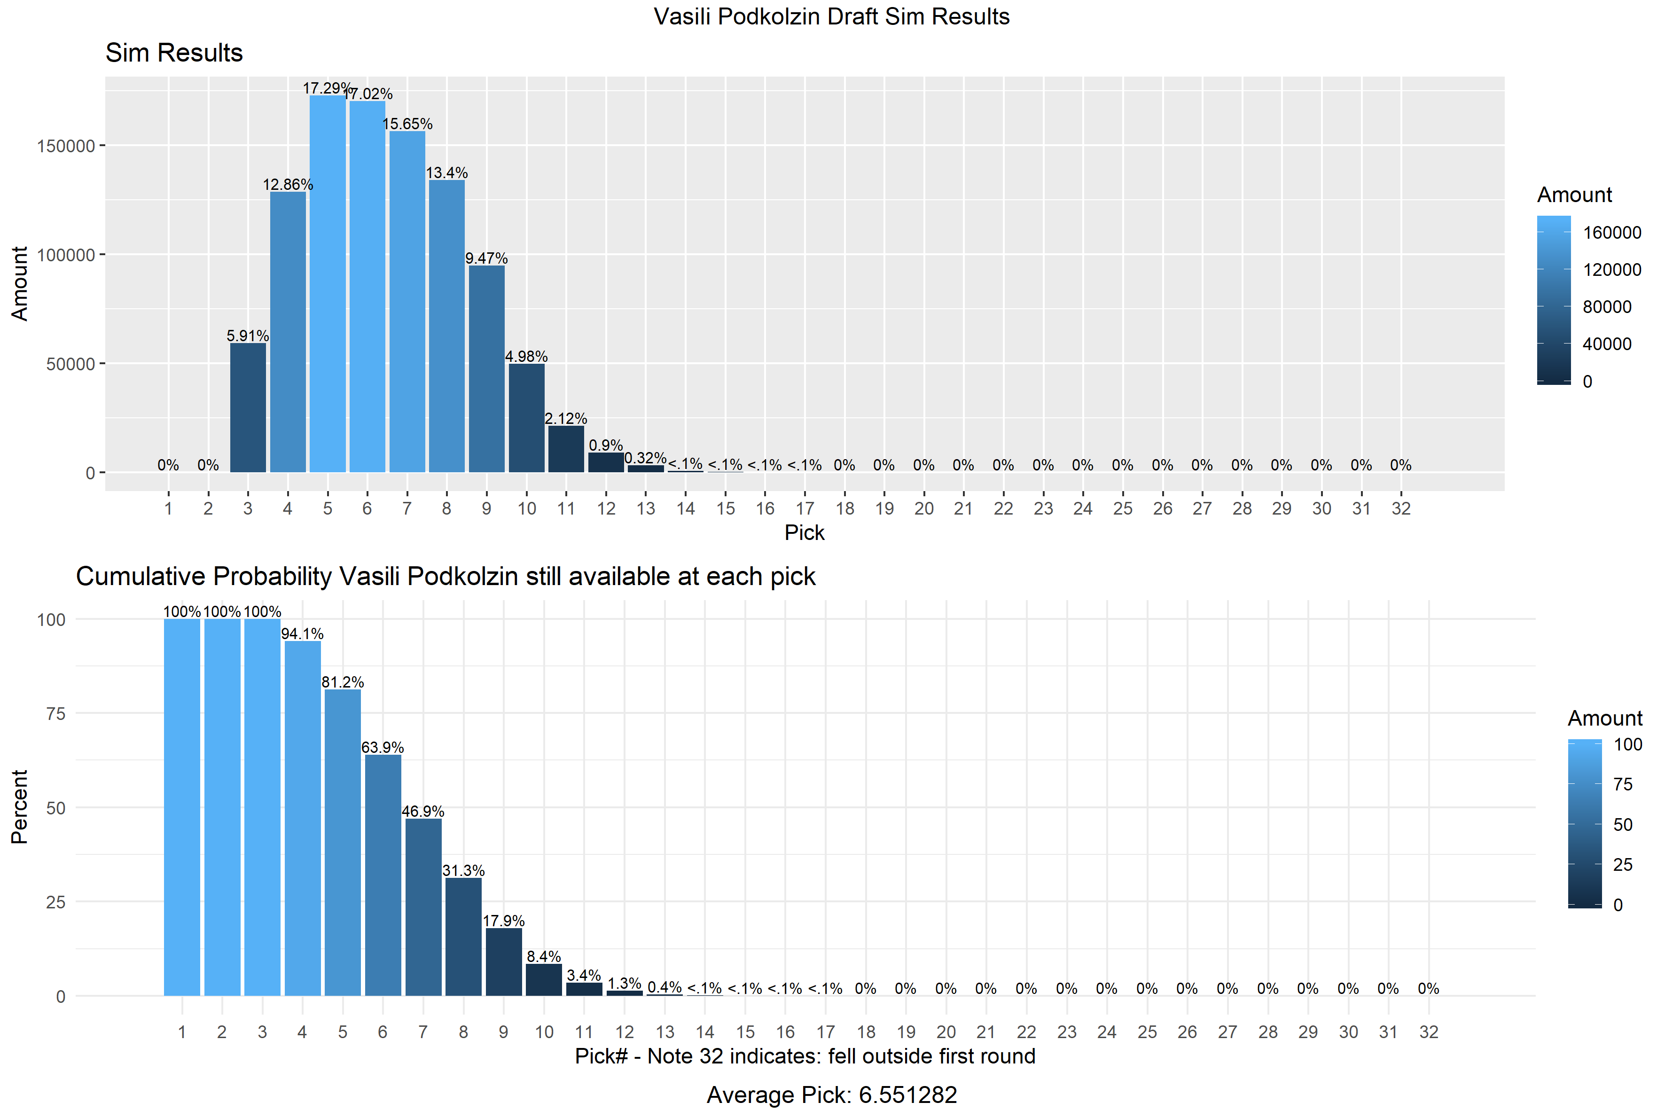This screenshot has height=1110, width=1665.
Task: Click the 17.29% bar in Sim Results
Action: (x=327, y=283)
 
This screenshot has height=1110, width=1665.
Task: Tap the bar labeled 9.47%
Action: (x=486, y=368)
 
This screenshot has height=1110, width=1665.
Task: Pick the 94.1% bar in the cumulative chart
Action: (x=302, y=818)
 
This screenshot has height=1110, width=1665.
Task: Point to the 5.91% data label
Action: (x=248, y=336)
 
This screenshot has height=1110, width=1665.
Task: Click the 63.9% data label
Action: (x=382, y=748)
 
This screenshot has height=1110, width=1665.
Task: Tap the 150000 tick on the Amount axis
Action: (x=65, y=146)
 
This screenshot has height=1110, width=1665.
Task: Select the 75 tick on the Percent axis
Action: (x=56, y=713)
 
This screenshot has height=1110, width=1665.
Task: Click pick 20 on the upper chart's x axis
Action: (x=924, y=508)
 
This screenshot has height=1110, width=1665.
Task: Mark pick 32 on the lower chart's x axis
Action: (x=1429, y=1032)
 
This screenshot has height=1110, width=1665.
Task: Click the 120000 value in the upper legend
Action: (x=1612, y=270)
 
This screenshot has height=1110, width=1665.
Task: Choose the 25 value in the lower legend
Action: (x=1623, y=864)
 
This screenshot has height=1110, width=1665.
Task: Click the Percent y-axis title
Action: (x=19, y=806)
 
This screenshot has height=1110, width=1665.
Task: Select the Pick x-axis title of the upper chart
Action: (x=804, y=532)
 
